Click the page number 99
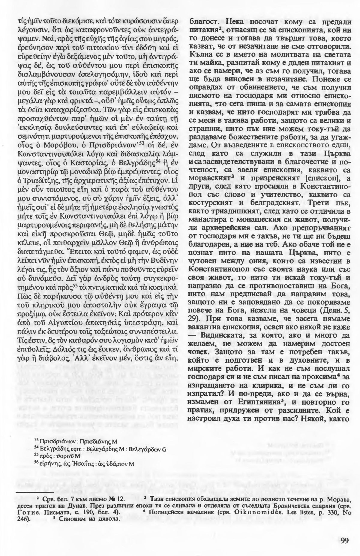pyautogui.click(x=344, y=532)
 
